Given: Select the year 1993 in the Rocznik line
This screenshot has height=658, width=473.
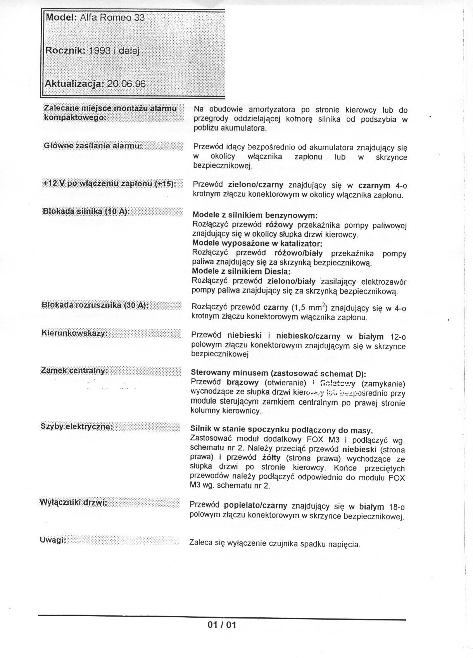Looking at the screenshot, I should click(x=100, y=50).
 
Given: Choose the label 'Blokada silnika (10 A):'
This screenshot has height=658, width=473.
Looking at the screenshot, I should click(x=85, y=211).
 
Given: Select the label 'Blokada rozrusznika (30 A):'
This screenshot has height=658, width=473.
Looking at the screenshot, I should click(x=95, y=305).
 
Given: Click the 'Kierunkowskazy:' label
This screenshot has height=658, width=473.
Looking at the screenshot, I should click(x=74, y=333).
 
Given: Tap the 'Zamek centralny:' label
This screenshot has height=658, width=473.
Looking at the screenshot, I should click(x=74, y=371).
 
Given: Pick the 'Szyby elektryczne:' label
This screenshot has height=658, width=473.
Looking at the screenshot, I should click(x=76, y=427).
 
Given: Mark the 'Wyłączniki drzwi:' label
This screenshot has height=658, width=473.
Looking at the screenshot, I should click(x=73, y=502).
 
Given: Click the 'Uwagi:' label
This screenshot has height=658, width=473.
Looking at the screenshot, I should click(x=53, y=540).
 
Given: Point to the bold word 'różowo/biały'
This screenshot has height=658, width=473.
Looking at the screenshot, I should click(x=298, y=253).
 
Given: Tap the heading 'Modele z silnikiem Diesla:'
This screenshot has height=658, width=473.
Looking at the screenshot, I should click(x=241, y=271).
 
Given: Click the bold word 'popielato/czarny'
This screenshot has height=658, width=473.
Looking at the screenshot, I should click(x=255, y=505).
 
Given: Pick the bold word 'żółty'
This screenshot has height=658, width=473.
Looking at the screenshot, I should click(x=271, y=457).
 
